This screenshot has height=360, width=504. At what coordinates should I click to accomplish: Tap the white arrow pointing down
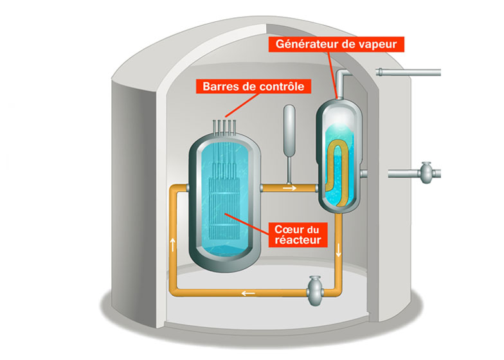[x=339, y=253]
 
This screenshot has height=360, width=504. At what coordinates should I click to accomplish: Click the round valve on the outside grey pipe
[x=425, y=172]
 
